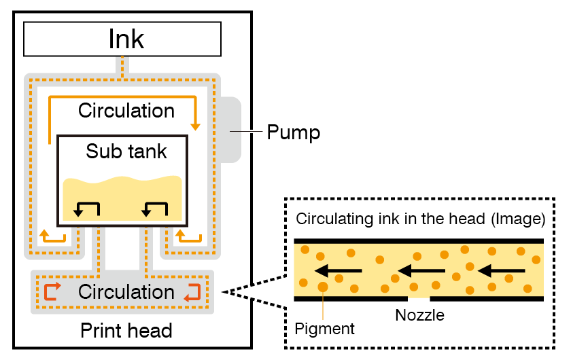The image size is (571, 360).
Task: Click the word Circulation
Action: point(126,292)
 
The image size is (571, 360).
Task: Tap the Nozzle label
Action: point(419,315)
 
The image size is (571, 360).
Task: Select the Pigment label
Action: point(325,329)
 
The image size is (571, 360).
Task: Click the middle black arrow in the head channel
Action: point(421,272)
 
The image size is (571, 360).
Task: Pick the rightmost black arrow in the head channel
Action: point(502,272)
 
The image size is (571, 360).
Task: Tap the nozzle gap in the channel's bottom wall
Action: point(419,298)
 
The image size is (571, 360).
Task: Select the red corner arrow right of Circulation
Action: point(192,291)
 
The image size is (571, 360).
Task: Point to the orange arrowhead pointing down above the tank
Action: point(196,126)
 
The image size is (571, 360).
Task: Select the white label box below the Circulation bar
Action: point(118,330)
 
